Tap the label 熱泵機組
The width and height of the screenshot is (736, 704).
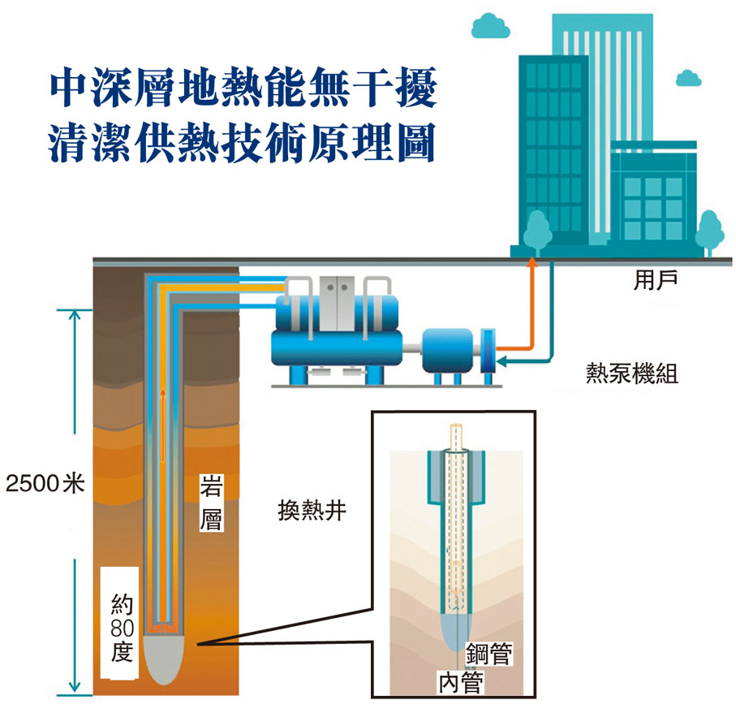[632, 374]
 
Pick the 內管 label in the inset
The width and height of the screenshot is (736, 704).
[460, 680]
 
